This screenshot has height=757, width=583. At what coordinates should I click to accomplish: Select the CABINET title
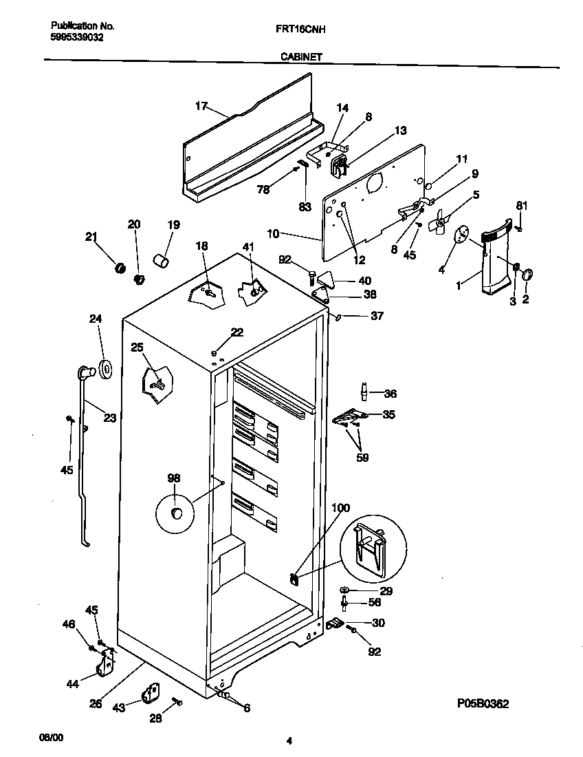point(301,58)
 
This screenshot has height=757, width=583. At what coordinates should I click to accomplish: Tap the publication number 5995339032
point(77,37)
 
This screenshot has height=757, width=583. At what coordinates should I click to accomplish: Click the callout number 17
point(201,105)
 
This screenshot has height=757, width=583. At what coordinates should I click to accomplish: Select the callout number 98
point(174,478)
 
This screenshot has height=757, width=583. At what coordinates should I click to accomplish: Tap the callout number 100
point(340,508)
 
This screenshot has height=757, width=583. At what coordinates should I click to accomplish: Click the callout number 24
point(95,319)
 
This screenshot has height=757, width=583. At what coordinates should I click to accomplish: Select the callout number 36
point(390,394)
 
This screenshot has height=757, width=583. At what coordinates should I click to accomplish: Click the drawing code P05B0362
point(483,704)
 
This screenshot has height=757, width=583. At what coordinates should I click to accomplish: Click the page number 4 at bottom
point(289,740)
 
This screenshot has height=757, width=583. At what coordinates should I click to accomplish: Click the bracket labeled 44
point(105,665)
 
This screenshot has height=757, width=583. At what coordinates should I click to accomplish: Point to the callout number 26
point(95,703)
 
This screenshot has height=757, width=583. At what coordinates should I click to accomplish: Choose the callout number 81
point(522,204)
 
